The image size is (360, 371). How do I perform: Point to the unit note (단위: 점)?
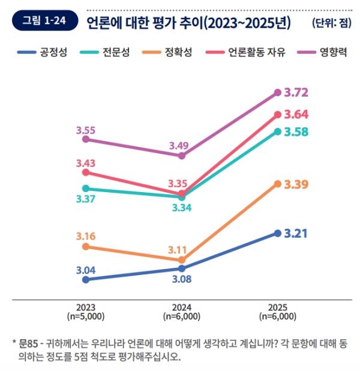[330, 23]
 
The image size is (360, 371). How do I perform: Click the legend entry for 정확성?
[178, 52]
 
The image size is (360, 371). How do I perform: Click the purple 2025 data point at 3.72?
[277, 92]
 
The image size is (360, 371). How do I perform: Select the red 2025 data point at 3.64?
[277, 114]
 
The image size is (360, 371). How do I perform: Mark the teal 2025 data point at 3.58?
[277, 131]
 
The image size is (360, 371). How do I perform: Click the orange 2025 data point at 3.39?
[277, 184]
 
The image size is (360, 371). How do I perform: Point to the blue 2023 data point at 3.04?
[86, 279]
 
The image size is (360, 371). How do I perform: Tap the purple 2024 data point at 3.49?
[182, 155]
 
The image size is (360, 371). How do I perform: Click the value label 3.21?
[296, 234]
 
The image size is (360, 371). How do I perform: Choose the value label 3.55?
[86, 128]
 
